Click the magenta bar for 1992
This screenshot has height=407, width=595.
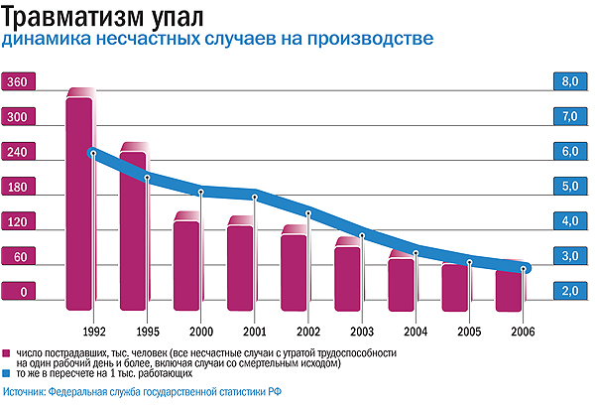pyautogui.click(x=79, y=199)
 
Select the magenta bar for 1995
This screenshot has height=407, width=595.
pyautogui.click(x=133, y=226)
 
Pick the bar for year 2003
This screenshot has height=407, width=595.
pyautogui.click(x=347, y=272)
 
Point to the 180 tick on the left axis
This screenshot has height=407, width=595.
pyautogui.click(x=17, y=187)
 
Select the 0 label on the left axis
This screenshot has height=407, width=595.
pyautogui.click(x=17, y=291)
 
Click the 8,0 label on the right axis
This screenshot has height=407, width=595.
pyautogui.click(x=569, y=82)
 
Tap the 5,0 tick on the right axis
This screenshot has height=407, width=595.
pyautogui.click(x=569, y=187)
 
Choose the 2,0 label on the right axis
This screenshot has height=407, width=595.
pyautogui.click(x=569, y=291)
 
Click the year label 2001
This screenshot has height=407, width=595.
pyautogui.click(x=254, y=331)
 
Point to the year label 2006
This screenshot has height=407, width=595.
pyautogui.click(x=523, y=331)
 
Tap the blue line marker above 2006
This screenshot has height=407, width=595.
pyautogui.click(x=525, y=268)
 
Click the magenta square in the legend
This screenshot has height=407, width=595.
pyautogui.click(x=7, y=352)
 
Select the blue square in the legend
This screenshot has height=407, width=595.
pyautogui.click(x=7, y=374)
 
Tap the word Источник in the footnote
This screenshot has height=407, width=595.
pyautogui.click(x=25, y=394)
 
